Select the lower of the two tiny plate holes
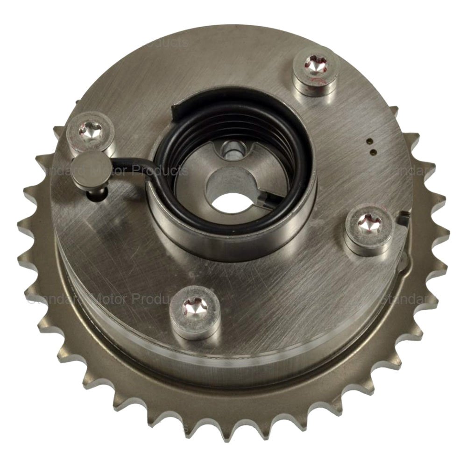point(373,151)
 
